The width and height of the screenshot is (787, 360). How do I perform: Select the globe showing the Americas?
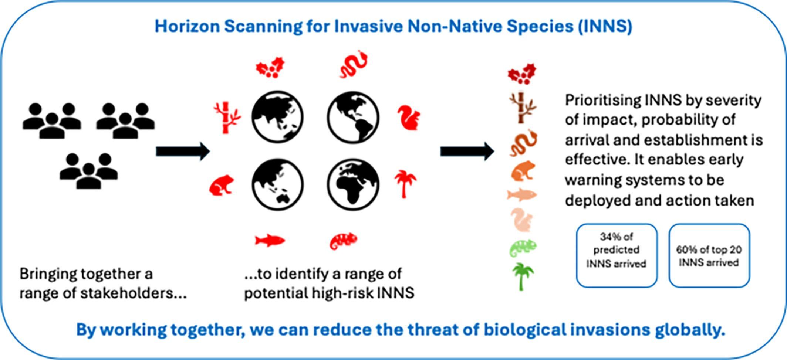[353, 117]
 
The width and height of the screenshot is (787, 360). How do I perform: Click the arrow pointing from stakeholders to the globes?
[183, 151]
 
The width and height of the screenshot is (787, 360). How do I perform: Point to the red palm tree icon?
[405, 184]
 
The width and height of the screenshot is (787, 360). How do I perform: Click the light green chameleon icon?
[523, 247]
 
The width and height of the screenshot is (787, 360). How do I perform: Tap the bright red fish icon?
[270, 240]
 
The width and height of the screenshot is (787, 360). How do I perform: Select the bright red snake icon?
[354, 65]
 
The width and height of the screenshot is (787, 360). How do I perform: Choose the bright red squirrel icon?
[409, 118]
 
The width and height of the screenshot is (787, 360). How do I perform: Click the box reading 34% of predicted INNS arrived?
[617, 255]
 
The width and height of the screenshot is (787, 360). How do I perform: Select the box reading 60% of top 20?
[709, 255]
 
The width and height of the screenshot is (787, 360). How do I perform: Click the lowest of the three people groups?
[89, 170]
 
